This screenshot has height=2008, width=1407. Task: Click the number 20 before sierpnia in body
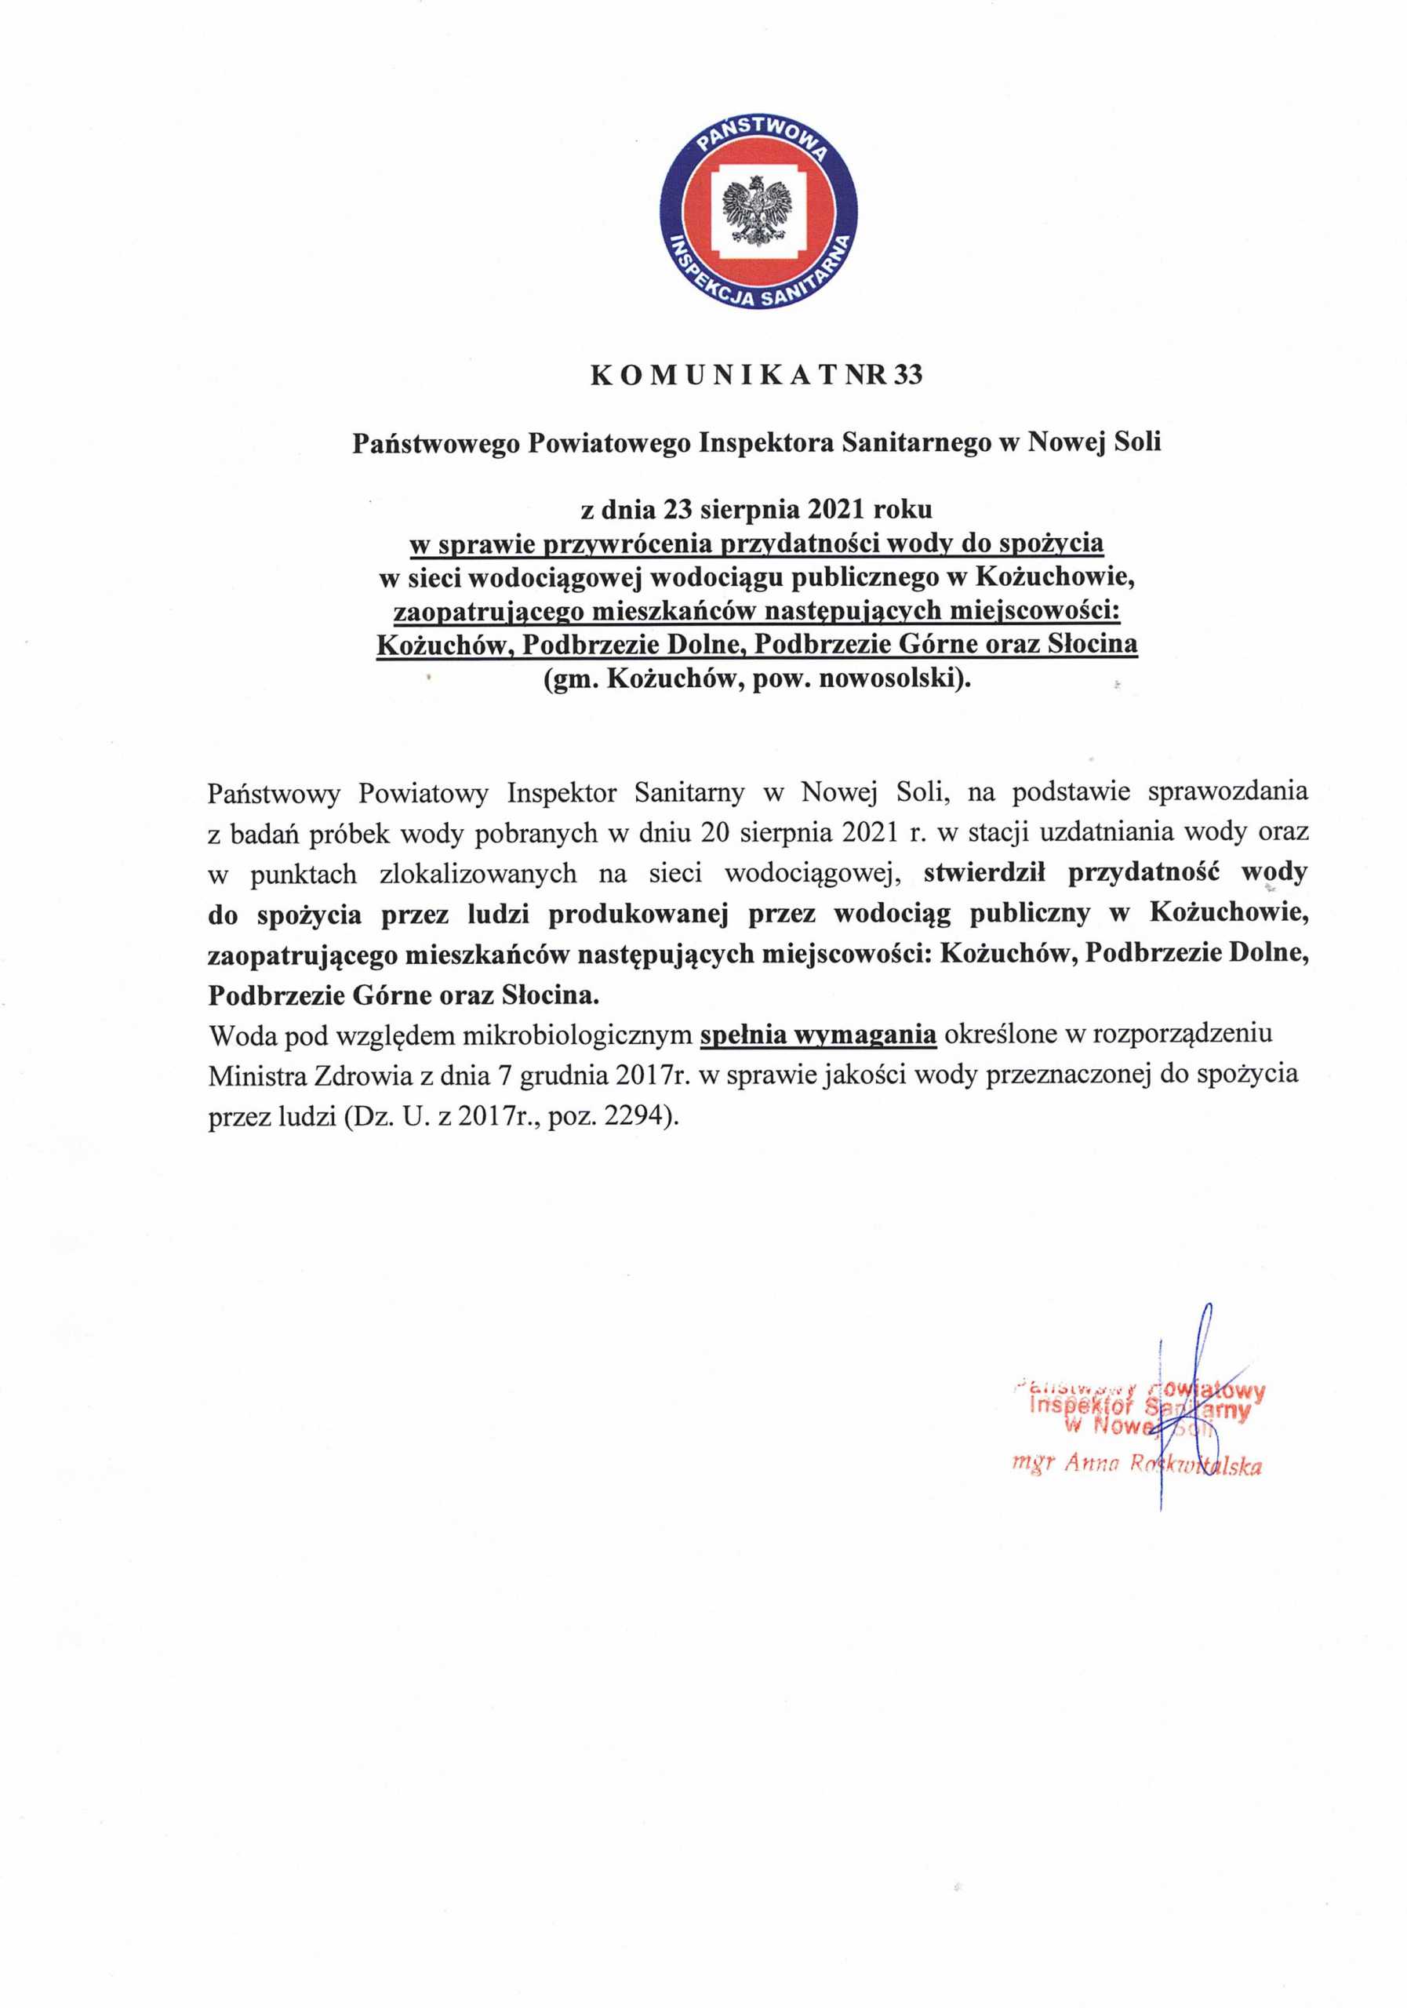(714, 831)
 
